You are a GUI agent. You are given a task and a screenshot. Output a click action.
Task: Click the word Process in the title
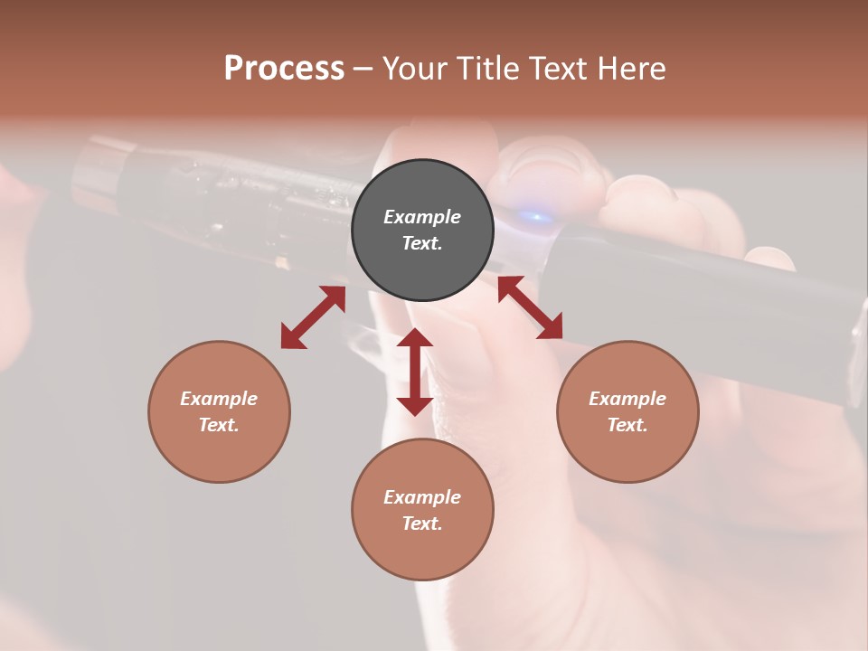point(284,69)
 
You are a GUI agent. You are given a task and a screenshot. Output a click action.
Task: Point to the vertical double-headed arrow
point(415,372)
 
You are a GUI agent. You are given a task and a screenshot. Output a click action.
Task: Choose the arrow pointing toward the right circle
point(530,307)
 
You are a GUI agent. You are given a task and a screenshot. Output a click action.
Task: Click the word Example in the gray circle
point(422,217)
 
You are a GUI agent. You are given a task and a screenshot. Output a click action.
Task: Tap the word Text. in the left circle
point(219,425)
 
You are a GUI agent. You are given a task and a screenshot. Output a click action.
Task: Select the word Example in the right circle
point(627,399)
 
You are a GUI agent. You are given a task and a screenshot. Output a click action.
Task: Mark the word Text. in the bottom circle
point(422,524)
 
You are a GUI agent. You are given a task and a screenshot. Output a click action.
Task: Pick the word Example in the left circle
point(219,399)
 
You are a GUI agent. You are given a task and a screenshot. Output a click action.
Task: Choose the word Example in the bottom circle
point(422,497)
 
